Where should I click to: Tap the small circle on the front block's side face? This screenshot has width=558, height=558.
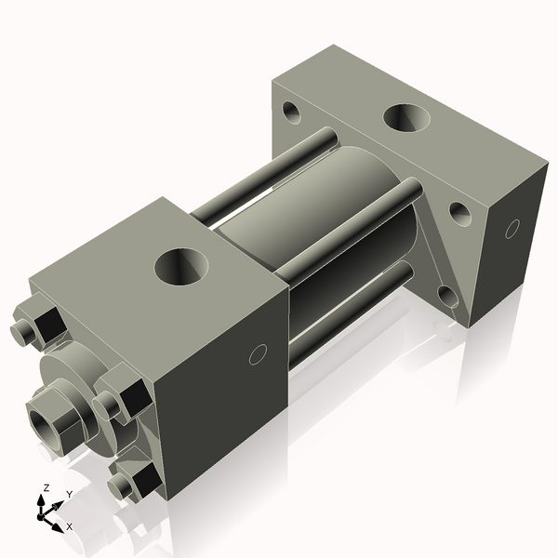point(259,353)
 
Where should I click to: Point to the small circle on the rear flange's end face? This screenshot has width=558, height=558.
point(511,228)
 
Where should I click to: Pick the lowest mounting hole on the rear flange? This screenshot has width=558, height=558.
point(447,296)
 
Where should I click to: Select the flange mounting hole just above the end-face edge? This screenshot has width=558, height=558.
point(459,213)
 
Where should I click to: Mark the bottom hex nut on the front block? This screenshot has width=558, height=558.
point(139,479)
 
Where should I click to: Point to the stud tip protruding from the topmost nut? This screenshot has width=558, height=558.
point(21,332)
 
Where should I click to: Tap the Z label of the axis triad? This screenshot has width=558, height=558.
point(46,488)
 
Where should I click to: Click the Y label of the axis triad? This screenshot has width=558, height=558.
point(69,494)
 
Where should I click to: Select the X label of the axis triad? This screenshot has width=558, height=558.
point(70,526)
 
